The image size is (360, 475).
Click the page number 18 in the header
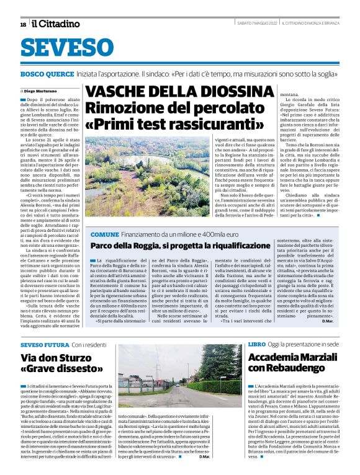tap(23, 24)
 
